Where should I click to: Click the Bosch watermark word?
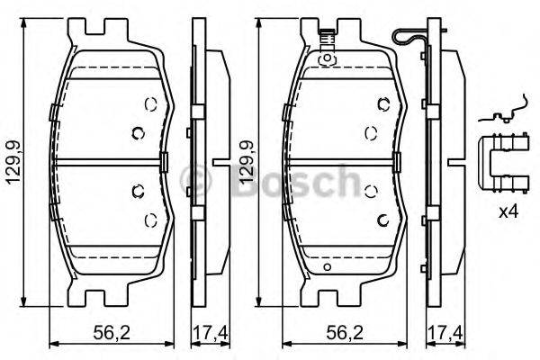tap(297, 180)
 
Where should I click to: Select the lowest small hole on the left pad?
tap(148, 220)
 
